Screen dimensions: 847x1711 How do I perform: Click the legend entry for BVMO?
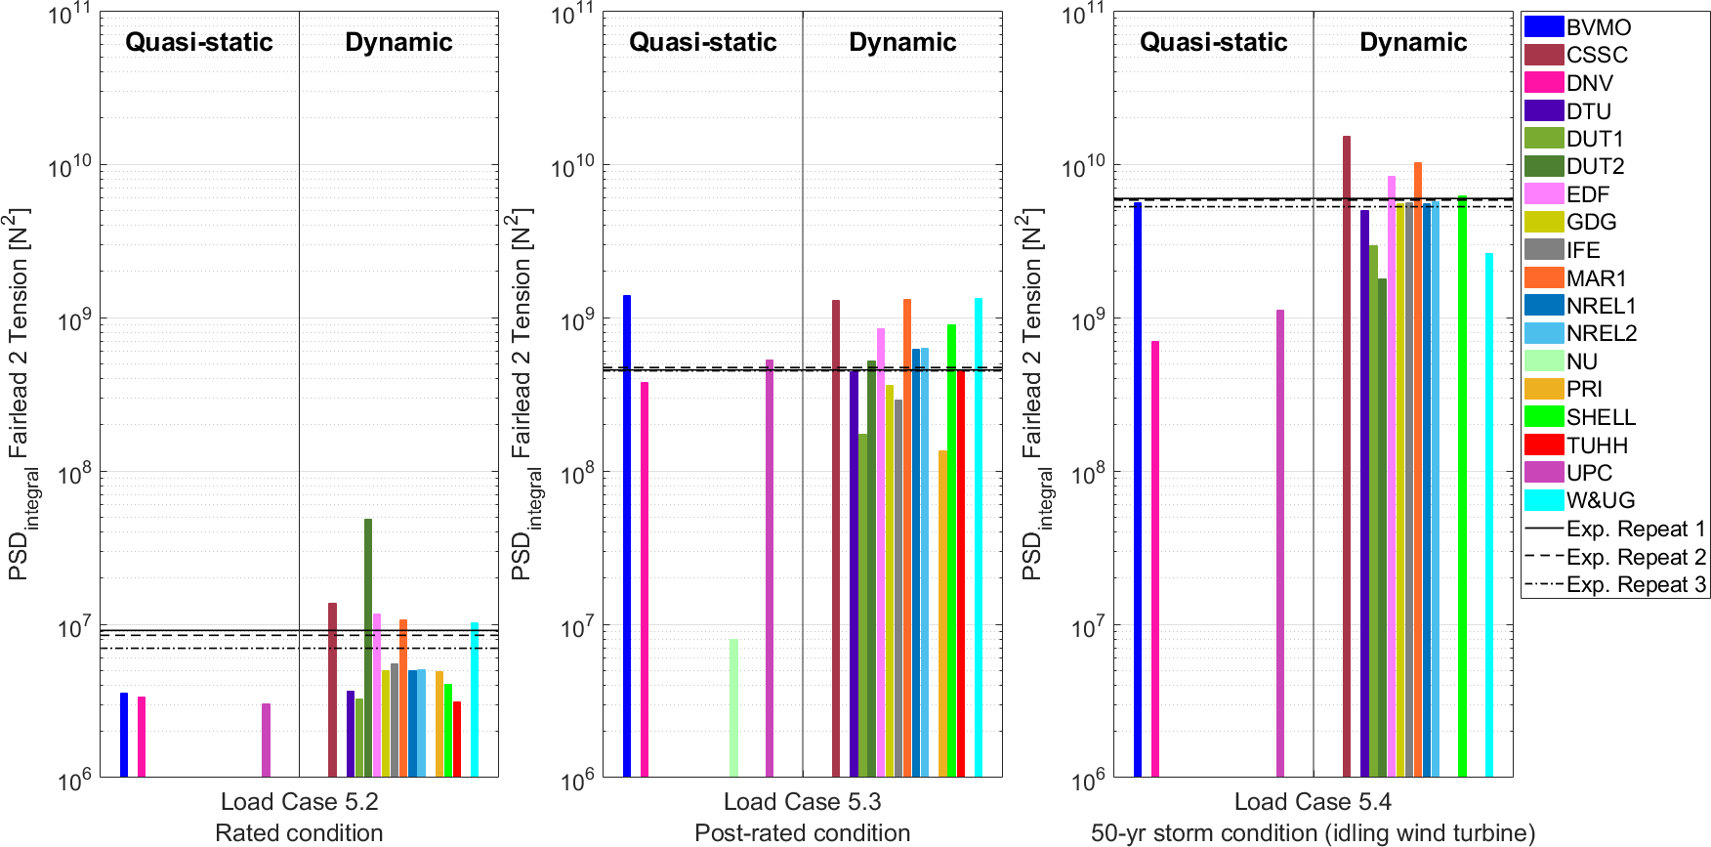[1598, 27]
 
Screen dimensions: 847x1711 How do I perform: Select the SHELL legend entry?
[1601, 417]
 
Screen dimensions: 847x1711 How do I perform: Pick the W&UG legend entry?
[1600, 500]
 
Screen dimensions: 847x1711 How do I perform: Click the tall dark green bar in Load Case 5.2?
[368, 645]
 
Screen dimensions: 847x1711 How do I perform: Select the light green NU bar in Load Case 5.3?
[733, 707]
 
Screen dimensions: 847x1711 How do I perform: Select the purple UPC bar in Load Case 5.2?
[266, 740]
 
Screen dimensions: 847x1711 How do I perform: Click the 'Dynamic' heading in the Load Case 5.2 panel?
[398, 42]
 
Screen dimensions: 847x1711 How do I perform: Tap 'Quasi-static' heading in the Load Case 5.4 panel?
[1213, 42]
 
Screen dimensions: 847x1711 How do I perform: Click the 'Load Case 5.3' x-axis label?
[802, 802]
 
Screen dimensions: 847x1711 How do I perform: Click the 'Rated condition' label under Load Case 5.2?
[299, 833]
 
